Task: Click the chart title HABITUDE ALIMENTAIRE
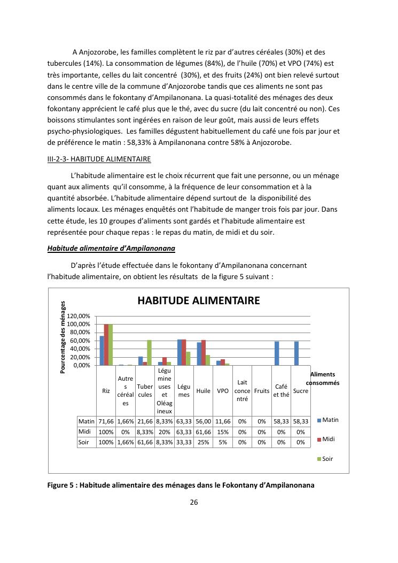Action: pyautogui.click(x=199, y=300)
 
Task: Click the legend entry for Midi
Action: pyautogui.click(x=325, y=439)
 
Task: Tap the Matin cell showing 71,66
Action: pyautogui.click(x=106, y=421)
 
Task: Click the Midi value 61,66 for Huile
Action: pyautogui.click(x=203, y=431)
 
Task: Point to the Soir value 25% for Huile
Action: pyautogui.click(x=203, y=442)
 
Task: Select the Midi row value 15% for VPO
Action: pyautogui.click(x=223, y=431)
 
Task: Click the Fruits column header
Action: pyautogui.click(x=262, y=391)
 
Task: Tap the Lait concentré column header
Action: pyautogui.click(x=242, y=391)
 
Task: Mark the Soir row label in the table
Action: pyautogui.click(x=84, y=442)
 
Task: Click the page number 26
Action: pyautogui.click(x=194, y=502)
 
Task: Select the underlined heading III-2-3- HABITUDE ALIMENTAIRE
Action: pyautogui.click(x=99, y=159)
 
